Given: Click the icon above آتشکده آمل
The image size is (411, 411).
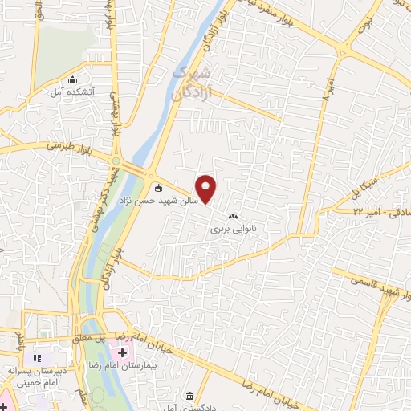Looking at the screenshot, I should point(73,80).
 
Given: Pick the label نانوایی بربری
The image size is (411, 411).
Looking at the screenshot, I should point(232,228).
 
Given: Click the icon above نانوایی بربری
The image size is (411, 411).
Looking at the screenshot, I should point(234,216).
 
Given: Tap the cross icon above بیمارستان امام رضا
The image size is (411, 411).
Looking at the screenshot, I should point(122,352).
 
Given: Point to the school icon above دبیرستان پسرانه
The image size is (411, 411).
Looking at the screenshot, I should point(35,356).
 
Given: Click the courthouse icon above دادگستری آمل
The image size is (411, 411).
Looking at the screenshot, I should point(189,397).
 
